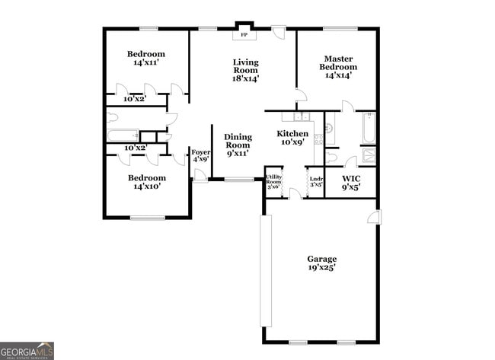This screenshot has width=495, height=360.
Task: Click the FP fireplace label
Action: coord(244,35)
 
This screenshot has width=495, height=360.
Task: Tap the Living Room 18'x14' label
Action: coord(245,70)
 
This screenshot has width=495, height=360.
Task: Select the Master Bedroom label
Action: coord(337,67)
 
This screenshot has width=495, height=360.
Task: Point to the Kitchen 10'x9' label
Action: coord(292,138)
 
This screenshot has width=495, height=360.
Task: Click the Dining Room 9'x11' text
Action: coord(238,145)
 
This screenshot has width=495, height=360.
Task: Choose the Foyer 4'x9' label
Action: coord(200,156)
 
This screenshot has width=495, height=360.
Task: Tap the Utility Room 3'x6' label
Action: coord(273,182)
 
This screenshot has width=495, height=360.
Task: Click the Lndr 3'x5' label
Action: coord(315,183)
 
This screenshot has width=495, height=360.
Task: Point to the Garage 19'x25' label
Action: coord(321,263)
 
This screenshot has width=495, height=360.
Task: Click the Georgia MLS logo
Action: coord(27,350)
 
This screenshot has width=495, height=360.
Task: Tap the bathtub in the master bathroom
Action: coord(368,129)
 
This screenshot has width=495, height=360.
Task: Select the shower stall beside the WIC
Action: coord(368,157)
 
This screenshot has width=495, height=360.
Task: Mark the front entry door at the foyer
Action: coord(200,176)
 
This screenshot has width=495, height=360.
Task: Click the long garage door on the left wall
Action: coord(266,270)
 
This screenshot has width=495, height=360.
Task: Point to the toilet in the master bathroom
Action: coord(332,157)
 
